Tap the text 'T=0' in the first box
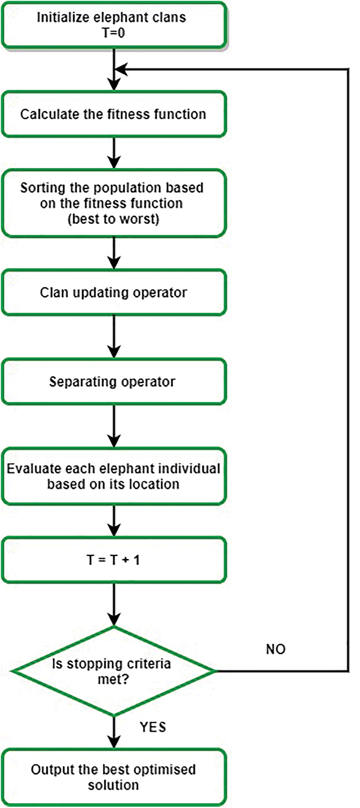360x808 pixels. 113,33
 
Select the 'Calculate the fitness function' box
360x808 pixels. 114,114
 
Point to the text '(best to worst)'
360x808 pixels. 113,219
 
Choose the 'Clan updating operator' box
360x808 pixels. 114,292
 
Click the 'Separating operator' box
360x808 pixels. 114,382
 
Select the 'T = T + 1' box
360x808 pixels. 114,560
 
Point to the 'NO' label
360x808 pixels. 276,649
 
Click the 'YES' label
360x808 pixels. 153,727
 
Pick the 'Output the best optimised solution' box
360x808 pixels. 114,777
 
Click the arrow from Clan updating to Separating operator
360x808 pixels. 114,337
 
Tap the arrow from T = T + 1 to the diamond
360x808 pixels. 114,604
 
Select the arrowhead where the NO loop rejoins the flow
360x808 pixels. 121,69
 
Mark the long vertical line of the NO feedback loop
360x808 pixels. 348,370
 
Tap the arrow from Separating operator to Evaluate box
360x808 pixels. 114,426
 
